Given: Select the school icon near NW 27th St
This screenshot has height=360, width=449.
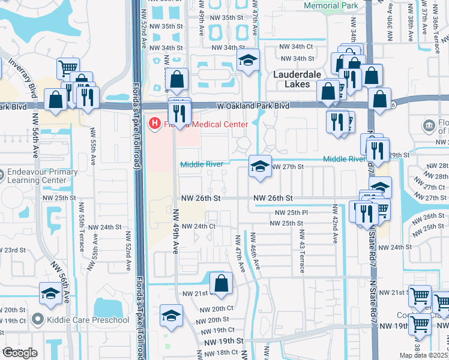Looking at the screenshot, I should coord(259,167).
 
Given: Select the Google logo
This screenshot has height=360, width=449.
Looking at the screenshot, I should coord(19,352).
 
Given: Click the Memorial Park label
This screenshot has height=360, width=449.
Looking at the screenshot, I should coord(331,5).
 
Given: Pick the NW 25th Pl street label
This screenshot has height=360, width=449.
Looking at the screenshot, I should coord(291,212).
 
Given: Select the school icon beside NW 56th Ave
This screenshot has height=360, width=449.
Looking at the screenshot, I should coord(50,294).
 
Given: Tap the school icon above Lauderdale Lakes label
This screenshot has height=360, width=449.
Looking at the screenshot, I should coord(247,61).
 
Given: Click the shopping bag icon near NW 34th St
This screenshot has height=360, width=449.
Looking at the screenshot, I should coord(177,79).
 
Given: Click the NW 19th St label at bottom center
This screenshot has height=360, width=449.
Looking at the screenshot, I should coord(224,341).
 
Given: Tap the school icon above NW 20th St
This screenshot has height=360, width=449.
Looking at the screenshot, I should coord(171,315).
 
